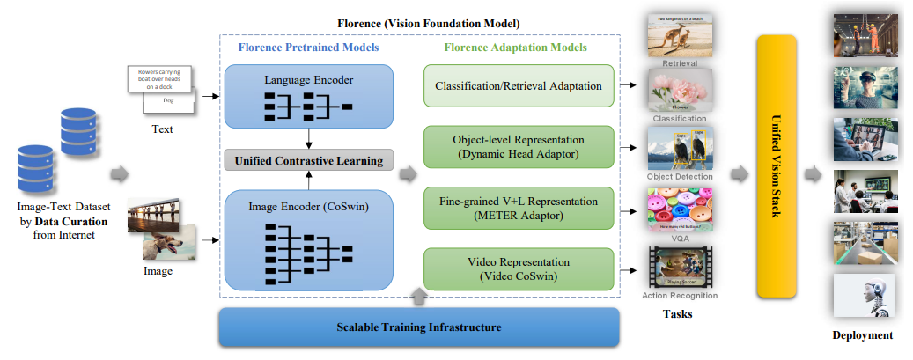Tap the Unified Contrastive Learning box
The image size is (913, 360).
308,160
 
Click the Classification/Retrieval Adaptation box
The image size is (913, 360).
518,86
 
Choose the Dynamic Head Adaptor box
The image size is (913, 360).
518,146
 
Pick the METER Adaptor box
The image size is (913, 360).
518,209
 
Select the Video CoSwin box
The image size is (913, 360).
518,268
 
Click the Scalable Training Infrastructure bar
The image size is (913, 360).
419,327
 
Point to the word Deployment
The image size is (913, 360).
863,334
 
